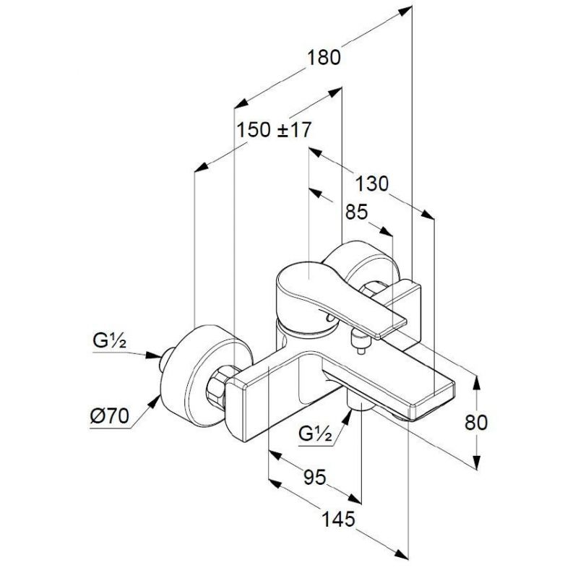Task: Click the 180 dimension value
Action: coord(324,59)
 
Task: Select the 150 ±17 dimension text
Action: coord(274,130)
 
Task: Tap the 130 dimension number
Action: coord(371,184)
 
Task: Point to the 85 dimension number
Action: coord(356,212)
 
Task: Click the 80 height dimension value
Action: coord(476,423)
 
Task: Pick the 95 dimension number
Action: coord(315,477)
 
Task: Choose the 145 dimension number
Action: coord(338,519)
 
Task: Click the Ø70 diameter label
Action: coord(110,417)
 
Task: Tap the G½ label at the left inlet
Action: coord(110,340)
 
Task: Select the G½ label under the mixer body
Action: coord(315,434)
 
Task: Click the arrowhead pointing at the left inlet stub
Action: coord(154,355)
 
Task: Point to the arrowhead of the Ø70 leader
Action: coord(155,402)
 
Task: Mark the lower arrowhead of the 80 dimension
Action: coord(477,462)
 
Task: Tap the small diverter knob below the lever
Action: coord(359,342)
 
